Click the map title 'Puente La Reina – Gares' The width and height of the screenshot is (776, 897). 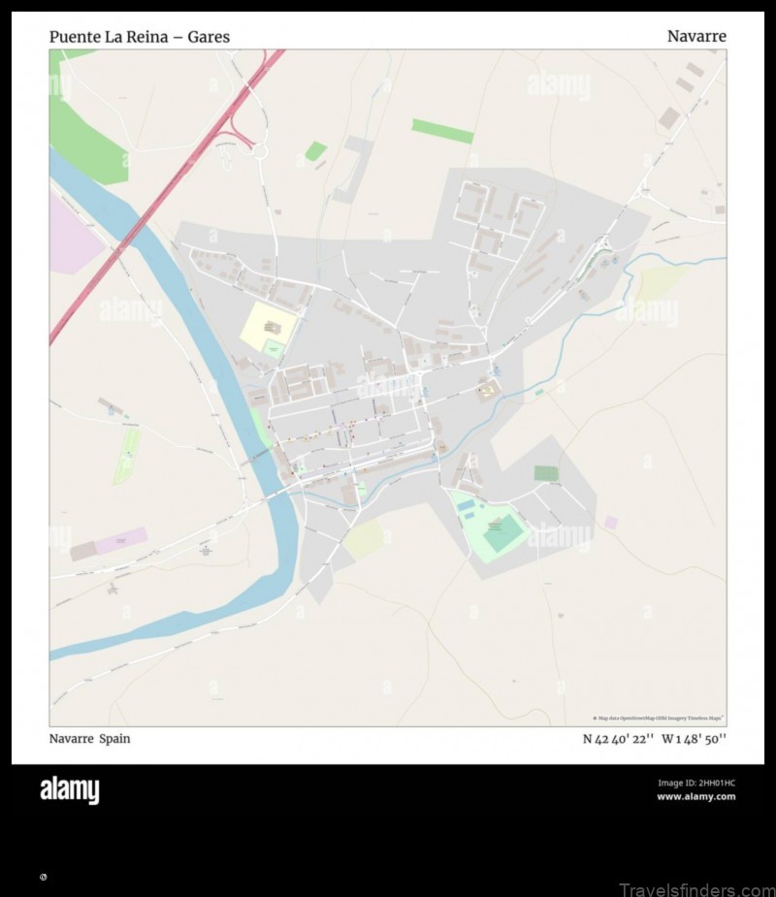pos(140,37)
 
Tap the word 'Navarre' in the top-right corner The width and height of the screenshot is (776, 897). pos(696,37)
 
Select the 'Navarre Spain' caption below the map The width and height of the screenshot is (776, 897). pos(90,739)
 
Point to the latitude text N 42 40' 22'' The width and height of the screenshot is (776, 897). pos(618,739)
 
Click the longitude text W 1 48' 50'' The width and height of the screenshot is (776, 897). pos(695,739)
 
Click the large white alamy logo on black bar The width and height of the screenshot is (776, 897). pos(69,791)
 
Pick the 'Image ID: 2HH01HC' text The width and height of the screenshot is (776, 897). pos(696,783)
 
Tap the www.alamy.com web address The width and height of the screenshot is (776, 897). pos(696,797)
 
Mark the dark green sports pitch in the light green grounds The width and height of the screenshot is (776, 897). pos(503,532)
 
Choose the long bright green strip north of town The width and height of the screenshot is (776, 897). pos(442,131)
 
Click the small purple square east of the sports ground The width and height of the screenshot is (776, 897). pos(610,522)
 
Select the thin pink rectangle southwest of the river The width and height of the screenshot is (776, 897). pos(120,539)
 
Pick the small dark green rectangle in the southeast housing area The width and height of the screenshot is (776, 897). pos(546,473)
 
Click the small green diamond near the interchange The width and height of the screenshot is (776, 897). pos(315,151)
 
